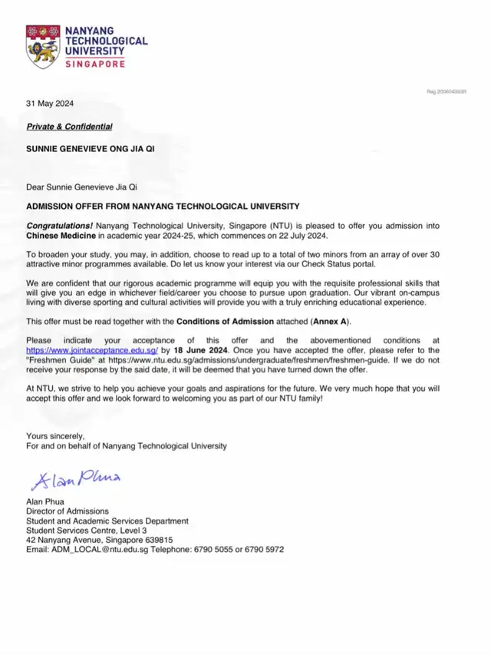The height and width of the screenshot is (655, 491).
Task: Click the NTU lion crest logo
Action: point(42,46)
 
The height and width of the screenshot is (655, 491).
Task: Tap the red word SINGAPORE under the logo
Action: point(95,65)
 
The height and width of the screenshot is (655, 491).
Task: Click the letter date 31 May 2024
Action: point(51,104)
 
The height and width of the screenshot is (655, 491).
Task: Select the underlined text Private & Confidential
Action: point(70,127)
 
